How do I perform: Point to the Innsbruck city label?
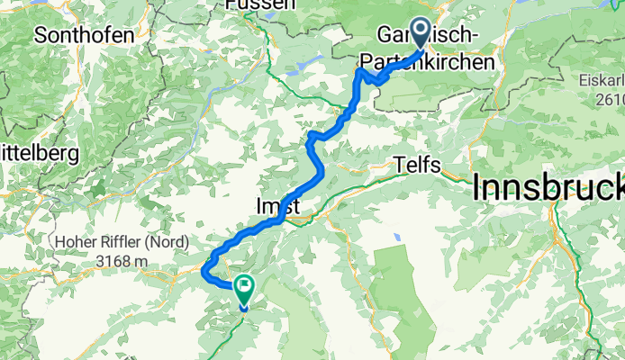(x=549, y=189)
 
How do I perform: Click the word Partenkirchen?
(x=436, y=63)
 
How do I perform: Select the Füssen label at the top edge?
(x=261, y=4)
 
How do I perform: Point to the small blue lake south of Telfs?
(x=395, y=238)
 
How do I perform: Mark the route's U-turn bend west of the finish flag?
(x=205, y=270)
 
